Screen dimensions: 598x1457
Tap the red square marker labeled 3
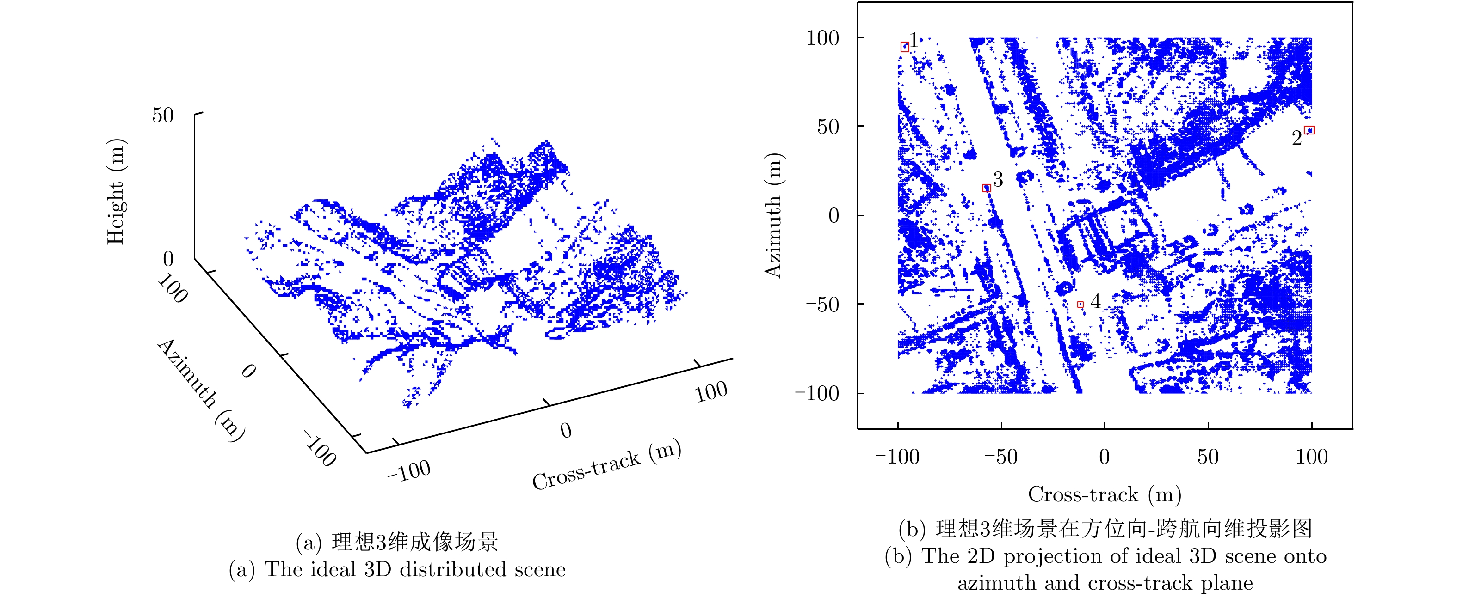[987, 188]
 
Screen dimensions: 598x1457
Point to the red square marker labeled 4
[1080, 305]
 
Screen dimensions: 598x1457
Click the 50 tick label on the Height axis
[163, 116]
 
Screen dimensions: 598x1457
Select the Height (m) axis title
[116, 192]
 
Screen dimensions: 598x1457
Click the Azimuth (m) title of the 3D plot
[201, 390]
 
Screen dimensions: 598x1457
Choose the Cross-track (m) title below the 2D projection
[1105, 494]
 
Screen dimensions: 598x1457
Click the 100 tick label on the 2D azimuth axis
[822, 38]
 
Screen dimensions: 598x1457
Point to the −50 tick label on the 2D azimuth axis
[822, 305]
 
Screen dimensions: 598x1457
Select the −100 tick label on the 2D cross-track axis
[898, 457]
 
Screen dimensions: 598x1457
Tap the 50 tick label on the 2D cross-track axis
[1208, 457]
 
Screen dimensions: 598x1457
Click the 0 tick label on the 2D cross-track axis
[1104, 457]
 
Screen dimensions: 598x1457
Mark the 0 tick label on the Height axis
[168, 259]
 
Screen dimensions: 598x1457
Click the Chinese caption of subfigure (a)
[397, 542]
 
